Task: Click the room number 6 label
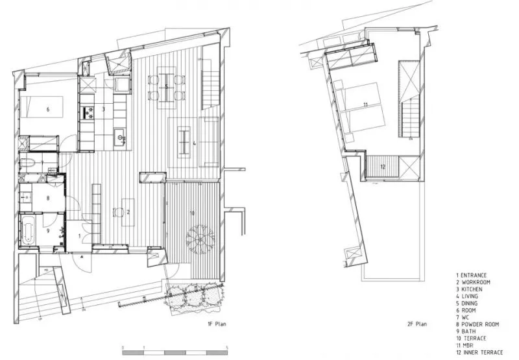click(47, 110)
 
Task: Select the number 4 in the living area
click(195, 143)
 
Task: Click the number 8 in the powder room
click(47, 198)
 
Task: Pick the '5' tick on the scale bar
click(226, 347)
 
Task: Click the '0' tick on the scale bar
click(123, 347)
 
